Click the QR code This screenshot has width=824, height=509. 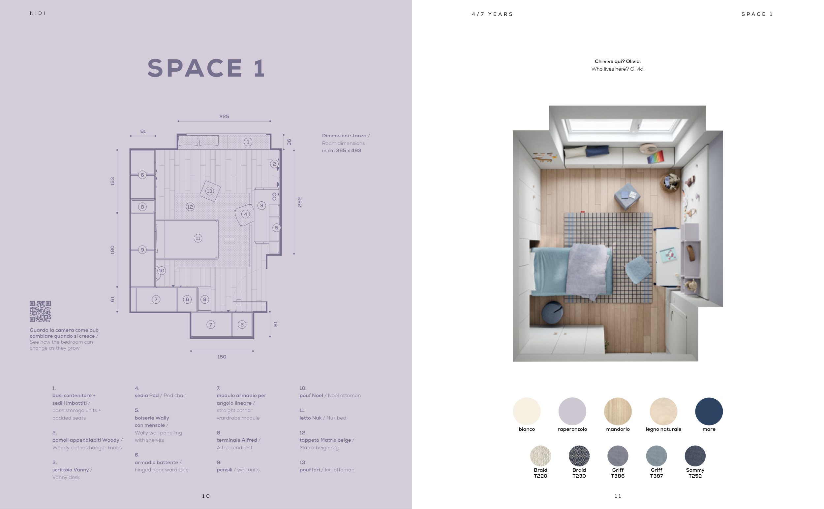point(40,311)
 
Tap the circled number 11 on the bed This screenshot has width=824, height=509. point(198,238)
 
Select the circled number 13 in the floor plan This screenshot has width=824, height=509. point(209,191)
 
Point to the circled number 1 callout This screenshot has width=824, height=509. point(248,142)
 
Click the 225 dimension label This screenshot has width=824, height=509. point(224,117)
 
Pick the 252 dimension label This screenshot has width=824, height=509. point(299,202)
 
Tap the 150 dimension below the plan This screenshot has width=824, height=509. point(222,357)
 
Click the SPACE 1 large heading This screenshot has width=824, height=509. point(206,68)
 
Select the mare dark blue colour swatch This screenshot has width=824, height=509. point(709,411)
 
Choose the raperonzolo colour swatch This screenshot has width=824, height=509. point(572,411)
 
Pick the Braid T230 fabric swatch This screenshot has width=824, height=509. point(579,456)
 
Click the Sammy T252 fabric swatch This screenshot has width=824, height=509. point(695,456)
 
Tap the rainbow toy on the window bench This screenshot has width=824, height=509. point(656,157)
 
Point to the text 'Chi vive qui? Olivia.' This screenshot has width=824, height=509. point(618,61)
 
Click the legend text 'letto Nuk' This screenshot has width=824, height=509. point(310,418)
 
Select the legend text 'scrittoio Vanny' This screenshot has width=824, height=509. point(71,470)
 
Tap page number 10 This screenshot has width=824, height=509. point(206,496)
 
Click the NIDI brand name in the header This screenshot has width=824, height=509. point(38,13)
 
